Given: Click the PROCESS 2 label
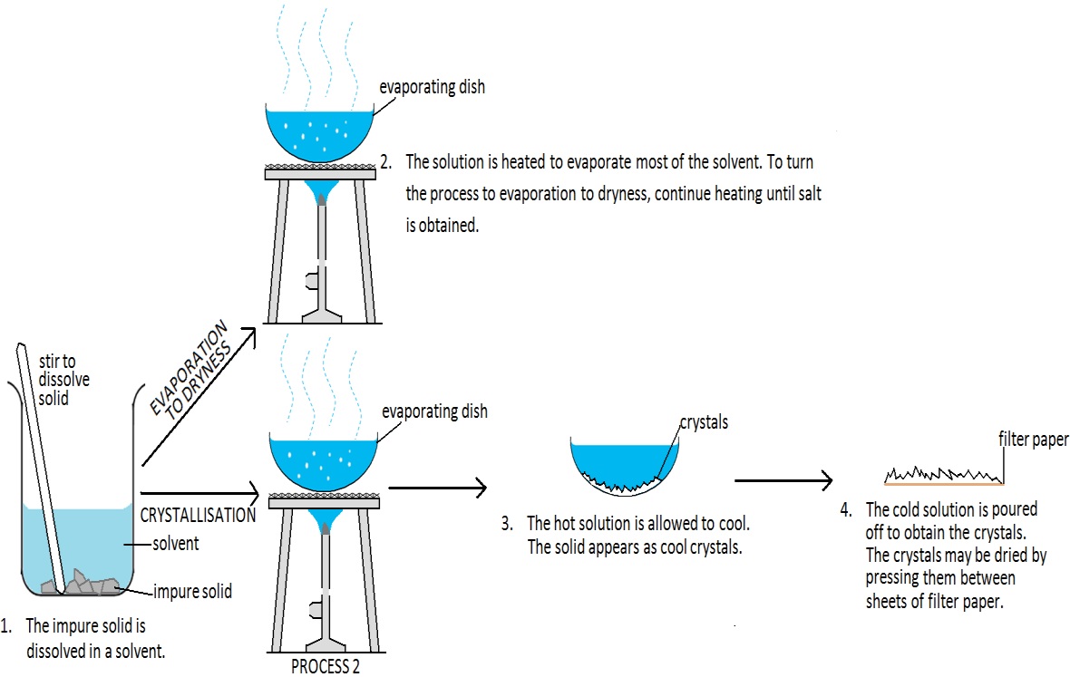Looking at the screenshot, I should click(326, 666).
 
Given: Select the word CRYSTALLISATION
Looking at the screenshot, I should click(199, 515).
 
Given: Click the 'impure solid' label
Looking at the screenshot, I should click(193, 592).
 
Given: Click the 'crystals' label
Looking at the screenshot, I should click(705, 422).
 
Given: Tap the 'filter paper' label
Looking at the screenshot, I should click(1033, 440).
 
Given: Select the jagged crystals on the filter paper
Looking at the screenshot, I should click(943, 473).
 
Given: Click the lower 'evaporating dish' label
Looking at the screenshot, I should click(434, 411).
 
